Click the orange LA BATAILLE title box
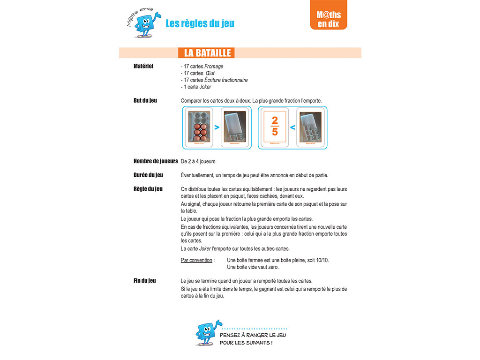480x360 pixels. point(207,53)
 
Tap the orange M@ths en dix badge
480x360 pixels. point(328,19)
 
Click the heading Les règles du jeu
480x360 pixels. point(200,23)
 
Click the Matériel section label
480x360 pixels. point(143,66)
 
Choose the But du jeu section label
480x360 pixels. point(145,100)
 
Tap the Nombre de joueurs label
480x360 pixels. point(155,161)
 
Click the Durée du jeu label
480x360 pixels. point(148,175)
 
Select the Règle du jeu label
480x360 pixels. point(148,189)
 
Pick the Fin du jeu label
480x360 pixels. point(145,281)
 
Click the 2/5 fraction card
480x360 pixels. point(275,127)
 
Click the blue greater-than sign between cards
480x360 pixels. point(217,127)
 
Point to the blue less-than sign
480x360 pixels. point(292,127)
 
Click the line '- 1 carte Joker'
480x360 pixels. point(196,87)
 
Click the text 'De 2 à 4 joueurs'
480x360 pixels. point(198,161)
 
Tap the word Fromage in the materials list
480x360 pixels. point(214,67)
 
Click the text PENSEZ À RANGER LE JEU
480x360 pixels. point(253,335)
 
